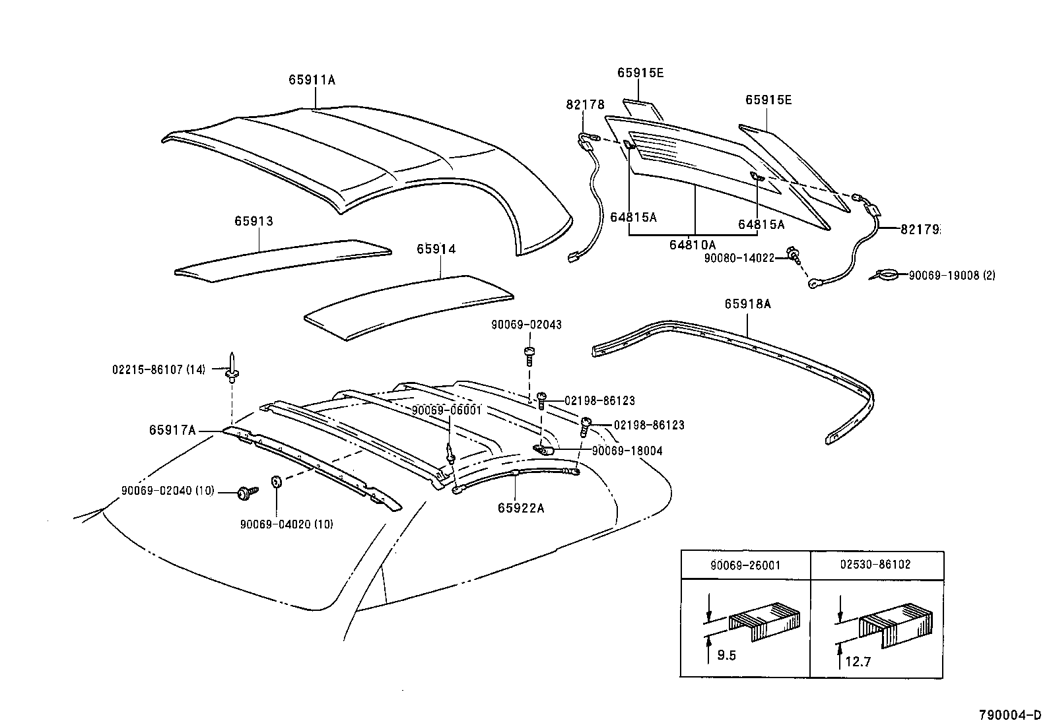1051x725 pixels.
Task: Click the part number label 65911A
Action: click(312, 80)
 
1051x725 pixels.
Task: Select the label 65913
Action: click(253, 221)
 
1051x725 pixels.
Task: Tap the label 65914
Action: click(436, 249)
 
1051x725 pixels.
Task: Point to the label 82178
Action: click(585, 104)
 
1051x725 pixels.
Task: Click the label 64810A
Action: click(692, 245)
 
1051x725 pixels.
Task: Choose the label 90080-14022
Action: click(739, 259)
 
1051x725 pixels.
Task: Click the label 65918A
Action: click(747, 304)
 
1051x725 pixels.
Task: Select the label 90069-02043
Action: click(526, 325)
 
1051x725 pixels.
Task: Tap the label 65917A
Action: click(172, 430)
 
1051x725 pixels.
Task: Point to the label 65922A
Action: click(521, 508)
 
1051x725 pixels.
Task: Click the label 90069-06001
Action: click(447, 410)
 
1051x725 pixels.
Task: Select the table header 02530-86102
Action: click(875, 565)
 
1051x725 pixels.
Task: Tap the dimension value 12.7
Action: click(858, 661)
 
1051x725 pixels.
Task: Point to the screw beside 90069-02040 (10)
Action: click(248, 491)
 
